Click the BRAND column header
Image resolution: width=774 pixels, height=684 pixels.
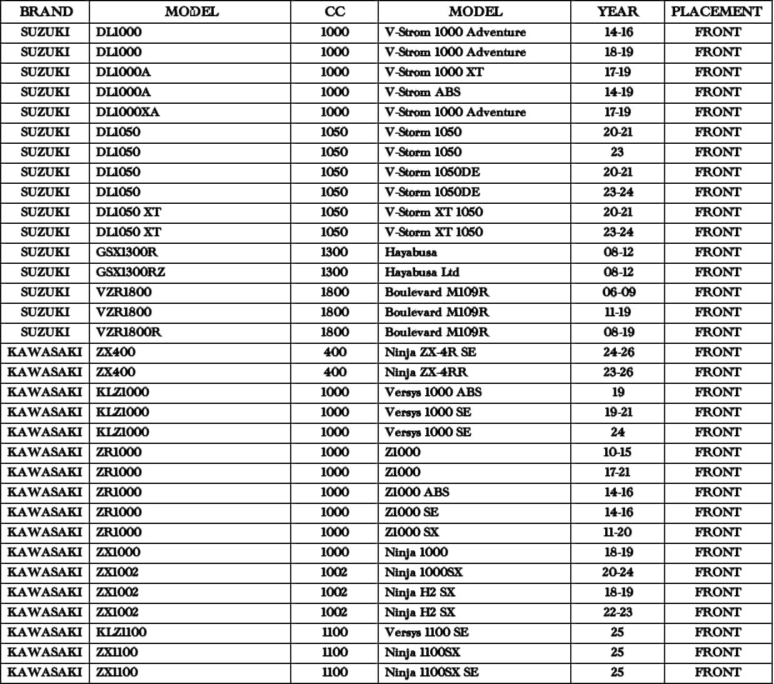point(46,12)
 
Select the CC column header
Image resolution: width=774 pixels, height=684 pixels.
point(334,12)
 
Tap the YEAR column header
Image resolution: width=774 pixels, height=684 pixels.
point(618,12)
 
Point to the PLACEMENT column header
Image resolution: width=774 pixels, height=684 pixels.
point(717,12)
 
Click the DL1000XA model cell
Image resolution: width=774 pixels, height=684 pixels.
point(128,112)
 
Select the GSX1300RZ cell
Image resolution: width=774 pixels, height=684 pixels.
point(130,272)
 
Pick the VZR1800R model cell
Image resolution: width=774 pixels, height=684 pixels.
point(128,332)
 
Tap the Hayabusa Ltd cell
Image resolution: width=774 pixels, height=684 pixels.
point(422,272)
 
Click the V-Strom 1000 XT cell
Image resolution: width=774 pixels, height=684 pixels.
point(434,72)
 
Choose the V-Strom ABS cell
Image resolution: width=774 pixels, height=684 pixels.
point(423,92)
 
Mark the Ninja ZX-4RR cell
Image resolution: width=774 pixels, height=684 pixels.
point(426,372)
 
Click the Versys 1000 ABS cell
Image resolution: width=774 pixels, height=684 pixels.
point(433,392)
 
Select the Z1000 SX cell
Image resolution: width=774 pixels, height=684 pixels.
point(412,532)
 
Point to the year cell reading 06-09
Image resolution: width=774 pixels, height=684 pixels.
point(618,292)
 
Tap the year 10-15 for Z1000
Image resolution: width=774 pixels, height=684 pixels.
point(618,452)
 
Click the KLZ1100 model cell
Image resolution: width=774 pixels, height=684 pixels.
point(121,632)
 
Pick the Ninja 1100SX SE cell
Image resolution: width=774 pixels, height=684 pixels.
point(431,672)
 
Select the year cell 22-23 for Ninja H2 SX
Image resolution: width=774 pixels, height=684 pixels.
point(618,612)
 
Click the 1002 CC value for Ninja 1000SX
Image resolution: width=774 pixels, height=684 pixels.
point(334,572)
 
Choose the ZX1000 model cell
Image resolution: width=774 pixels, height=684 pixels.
point(118,552)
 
